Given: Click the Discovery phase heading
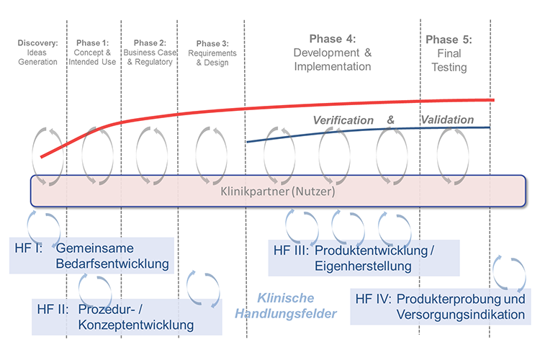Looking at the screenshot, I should tap(38, 42).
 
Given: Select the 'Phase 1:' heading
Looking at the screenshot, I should tap(92, 42).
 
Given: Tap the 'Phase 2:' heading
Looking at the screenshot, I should tap(150, 42).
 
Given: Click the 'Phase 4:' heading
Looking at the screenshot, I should tap(333, 39).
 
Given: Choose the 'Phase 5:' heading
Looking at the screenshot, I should tap(449, 40).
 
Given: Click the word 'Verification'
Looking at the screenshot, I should tap(343, 120).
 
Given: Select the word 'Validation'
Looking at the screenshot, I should tap(447, 120).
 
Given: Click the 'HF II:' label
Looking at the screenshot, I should tap(53, 310).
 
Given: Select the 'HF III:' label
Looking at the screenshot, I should tap(292, 251).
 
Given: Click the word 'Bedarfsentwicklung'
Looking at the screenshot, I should tap(112, 264).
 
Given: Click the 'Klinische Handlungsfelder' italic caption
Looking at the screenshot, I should tap(285, 305).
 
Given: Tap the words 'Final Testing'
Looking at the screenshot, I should tap(449, 60).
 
